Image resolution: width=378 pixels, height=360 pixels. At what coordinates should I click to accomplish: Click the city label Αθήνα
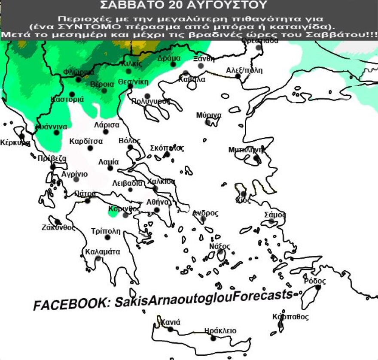click(x=158, y=202)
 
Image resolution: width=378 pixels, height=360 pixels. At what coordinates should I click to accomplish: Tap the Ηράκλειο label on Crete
click(x=220, y=331)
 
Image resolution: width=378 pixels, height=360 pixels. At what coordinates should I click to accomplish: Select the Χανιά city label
click(x=171, y=322)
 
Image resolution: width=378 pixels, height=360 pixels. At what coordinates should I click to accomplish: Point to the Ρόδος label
click(x=314, y=281)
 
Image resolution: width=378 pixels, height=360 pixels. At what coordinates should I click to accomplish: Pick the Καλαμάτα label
click(x=103, y=252)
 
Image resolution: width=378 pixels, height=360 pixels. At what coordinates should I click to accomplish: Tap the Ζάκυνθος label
click(x=58, y=227)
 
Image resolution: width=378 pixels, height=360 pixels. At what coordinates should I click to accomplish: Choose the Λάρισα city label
click(x=107, y=125)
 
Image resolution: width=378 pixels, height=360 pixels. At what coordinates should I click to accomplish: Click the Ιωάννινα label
click(x=51, y=127)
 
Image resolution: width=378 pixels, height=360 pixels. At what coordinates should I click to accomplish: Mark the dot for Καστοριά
click(x=72, y=94)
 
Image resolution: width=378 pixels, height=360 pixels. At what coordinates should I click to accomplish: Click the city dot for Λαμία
click(x=110, y=168)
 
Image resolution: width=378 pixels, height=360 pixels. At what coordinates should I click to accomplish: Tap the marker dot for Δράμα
click(x=173, y=64)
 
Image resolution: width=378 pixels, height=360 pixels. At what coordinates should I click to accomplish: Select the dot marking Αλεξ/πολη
click(x=238, y=76)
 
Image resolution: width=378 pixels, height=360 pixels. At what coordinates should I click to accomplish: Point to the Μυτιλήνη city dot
click(x=256, y=158)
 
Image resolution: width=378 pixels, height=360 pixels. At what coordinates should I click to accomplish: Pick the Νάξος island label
click(x=219, y=246)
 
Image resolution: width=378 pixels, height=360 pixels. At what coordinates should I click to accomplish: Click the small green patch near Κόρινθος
click(x=112, y=211)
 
